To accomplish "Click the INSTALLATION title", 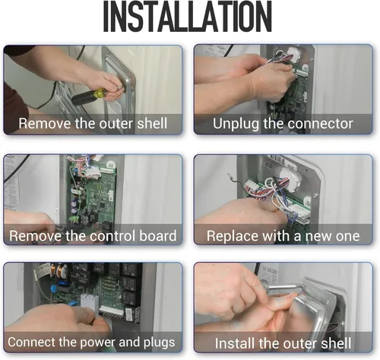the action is (x=188, y=16).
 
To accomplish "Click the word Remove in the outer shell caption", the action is (x=45, y=124).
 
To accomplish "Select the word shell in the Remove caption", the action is (x=152, y=124).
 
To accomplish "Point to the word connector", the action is (x=320, y=124).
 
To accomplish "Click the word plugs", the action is (x=159, y=343).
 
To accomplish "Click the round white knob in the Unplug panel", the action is (x=293, y=54).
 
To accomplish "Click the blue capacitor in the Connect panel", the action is (x=55, y=289).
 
